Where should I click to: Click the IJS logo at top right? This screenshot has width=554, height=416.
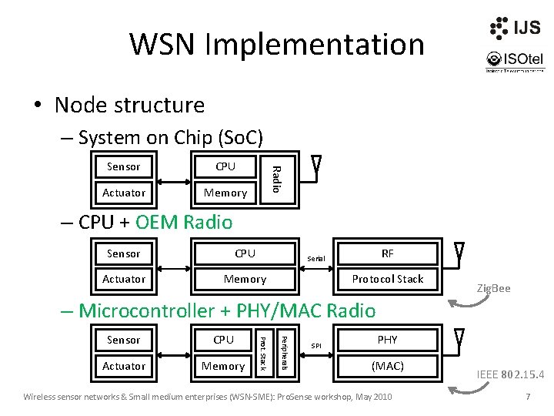click(514, 28)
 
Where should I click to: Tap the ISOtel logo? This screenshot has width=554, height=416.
click(513, 60)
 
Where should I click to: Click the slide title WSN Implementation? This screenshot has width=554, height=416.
click(276, 44)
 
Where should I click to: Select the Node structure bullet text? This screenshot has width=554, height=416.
click(129, 105)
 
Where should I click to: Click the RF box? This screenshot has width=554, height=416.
click(388, 253)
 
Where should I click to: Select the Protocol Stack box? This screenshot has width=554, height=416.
click(388, 279)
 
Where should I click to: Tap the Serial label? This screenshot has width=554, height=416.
click(316, 259)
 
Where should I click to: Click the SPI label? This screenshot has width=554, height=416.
click(315, 346)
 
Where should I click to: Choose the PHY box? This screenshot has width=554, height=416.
click(388, 339)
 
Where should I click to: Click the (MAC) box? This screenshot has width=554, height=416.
click(388, 366)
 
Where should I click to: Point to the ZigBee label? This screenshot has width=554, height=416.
click(493, 288)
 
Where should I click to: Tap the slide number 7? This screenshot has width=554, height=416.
click(528, 397)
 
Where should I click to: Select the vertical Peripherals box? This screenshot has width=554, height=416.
click(283, 353)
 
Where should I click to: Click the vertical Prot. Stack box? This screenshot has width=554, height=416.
click(262, 353)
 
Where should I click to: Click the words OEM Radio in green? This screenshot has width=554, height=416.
click(183, 223)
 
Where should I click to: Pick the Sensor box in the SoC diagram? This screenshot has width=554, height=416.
click(123, 166)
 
